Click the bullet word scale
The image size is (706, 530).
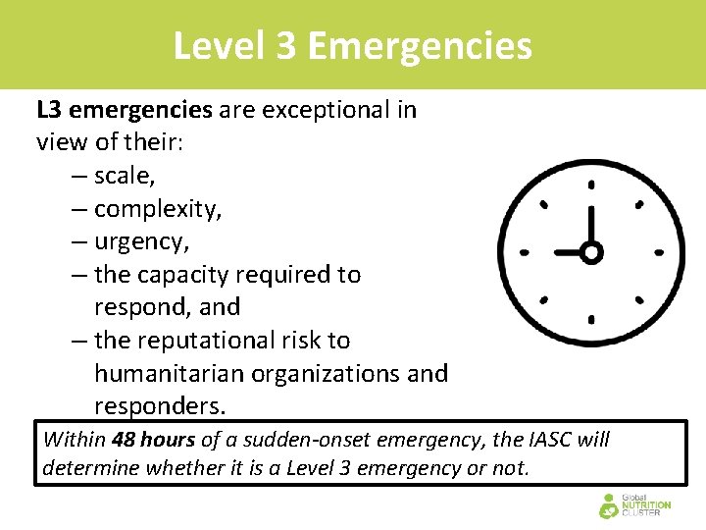125,176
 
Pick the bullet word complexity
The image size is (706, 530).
157,209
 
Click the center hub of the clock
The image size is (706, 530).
590,252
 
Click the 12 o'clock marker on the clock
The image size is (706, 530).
590,184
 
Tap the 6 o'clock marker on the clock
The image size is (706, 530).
590,319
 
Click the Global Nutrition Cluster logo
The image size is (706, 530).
634,505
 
